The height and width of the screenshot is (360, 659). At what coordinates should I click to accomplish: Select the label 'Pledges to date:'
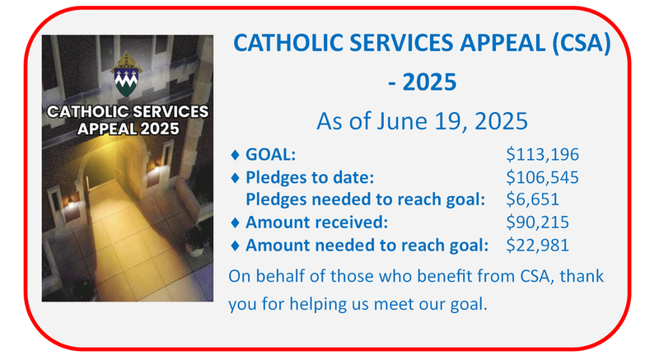coord(311,175)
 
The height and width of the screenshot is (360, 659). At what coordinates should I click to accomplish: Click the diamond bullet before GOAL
coord(237,154)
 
